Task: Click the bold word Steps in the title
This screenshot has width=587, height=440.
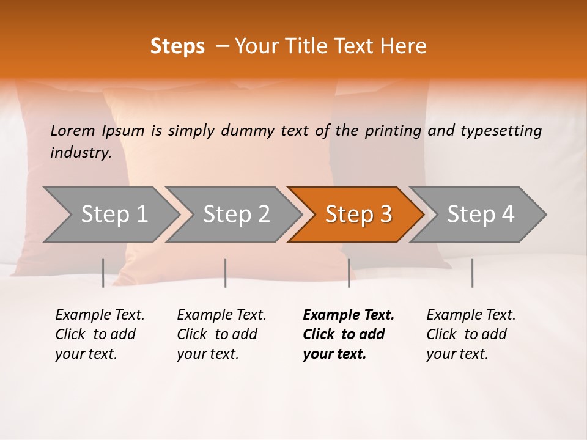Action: point(177,46)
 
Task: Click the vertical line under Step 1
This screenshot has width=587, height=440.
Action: point(103,273)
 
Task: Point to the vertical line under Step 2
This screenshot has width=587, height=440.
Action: point(226,273)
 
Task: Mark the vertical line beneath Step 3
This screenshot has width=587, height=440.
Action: point(349,273)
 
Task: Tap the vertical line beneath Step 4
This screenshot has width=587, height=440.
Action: point(472,273)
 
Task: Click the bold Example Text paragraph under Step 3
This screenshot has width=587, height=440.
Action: point(348,334)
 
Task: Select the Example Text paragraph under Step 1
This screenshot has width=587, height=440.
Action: point(100,334)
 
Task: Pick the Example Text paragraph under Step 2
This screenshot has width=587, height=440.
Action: point(221,334)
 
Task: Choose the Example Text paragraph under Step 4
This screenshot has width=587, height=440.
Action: point(471,334)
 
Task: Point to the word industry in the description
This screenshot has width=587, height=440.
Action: point(80,153)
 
